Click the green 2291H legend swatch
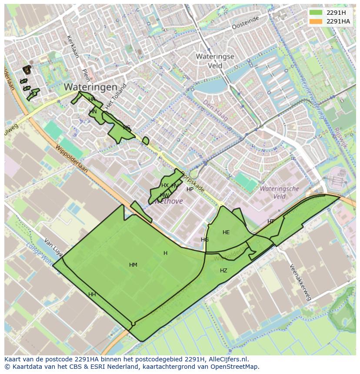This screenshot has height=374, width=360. (x=316, y=12)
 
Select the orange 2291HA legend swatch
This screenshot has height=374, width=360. (x=316, y=21)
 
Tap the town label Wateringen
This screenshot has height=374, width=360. (x=90, y=87)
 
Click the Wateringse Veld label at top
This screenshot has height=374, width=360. (x=215, y=61)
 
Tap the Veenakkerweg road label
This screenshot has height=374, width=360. (x=300, y=282)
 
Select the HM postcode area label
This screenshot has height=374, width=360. (x=133, y=265)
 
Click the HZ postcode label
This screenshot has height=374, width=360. (x=223, y=271)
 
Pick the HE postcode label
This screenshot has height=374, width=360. (x=226, y=232)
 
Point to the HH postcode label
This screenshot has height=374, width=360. (x=92, y=295)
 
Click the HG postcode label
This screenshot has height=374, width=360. (x=205, y=240)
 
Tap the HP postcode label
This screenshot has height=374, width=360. (x=190, y=189)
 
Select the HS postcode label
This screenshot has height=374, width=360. (x=127, y=128)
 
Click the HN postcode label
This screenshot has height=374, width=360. (x=93, y=112)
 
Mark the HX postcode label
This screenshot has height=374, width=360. (x=165, y=185)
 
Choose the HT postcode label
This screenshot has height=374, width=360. (x=271, y=222)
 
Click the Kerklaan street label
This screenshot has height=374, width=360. (x=72, y=46)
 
